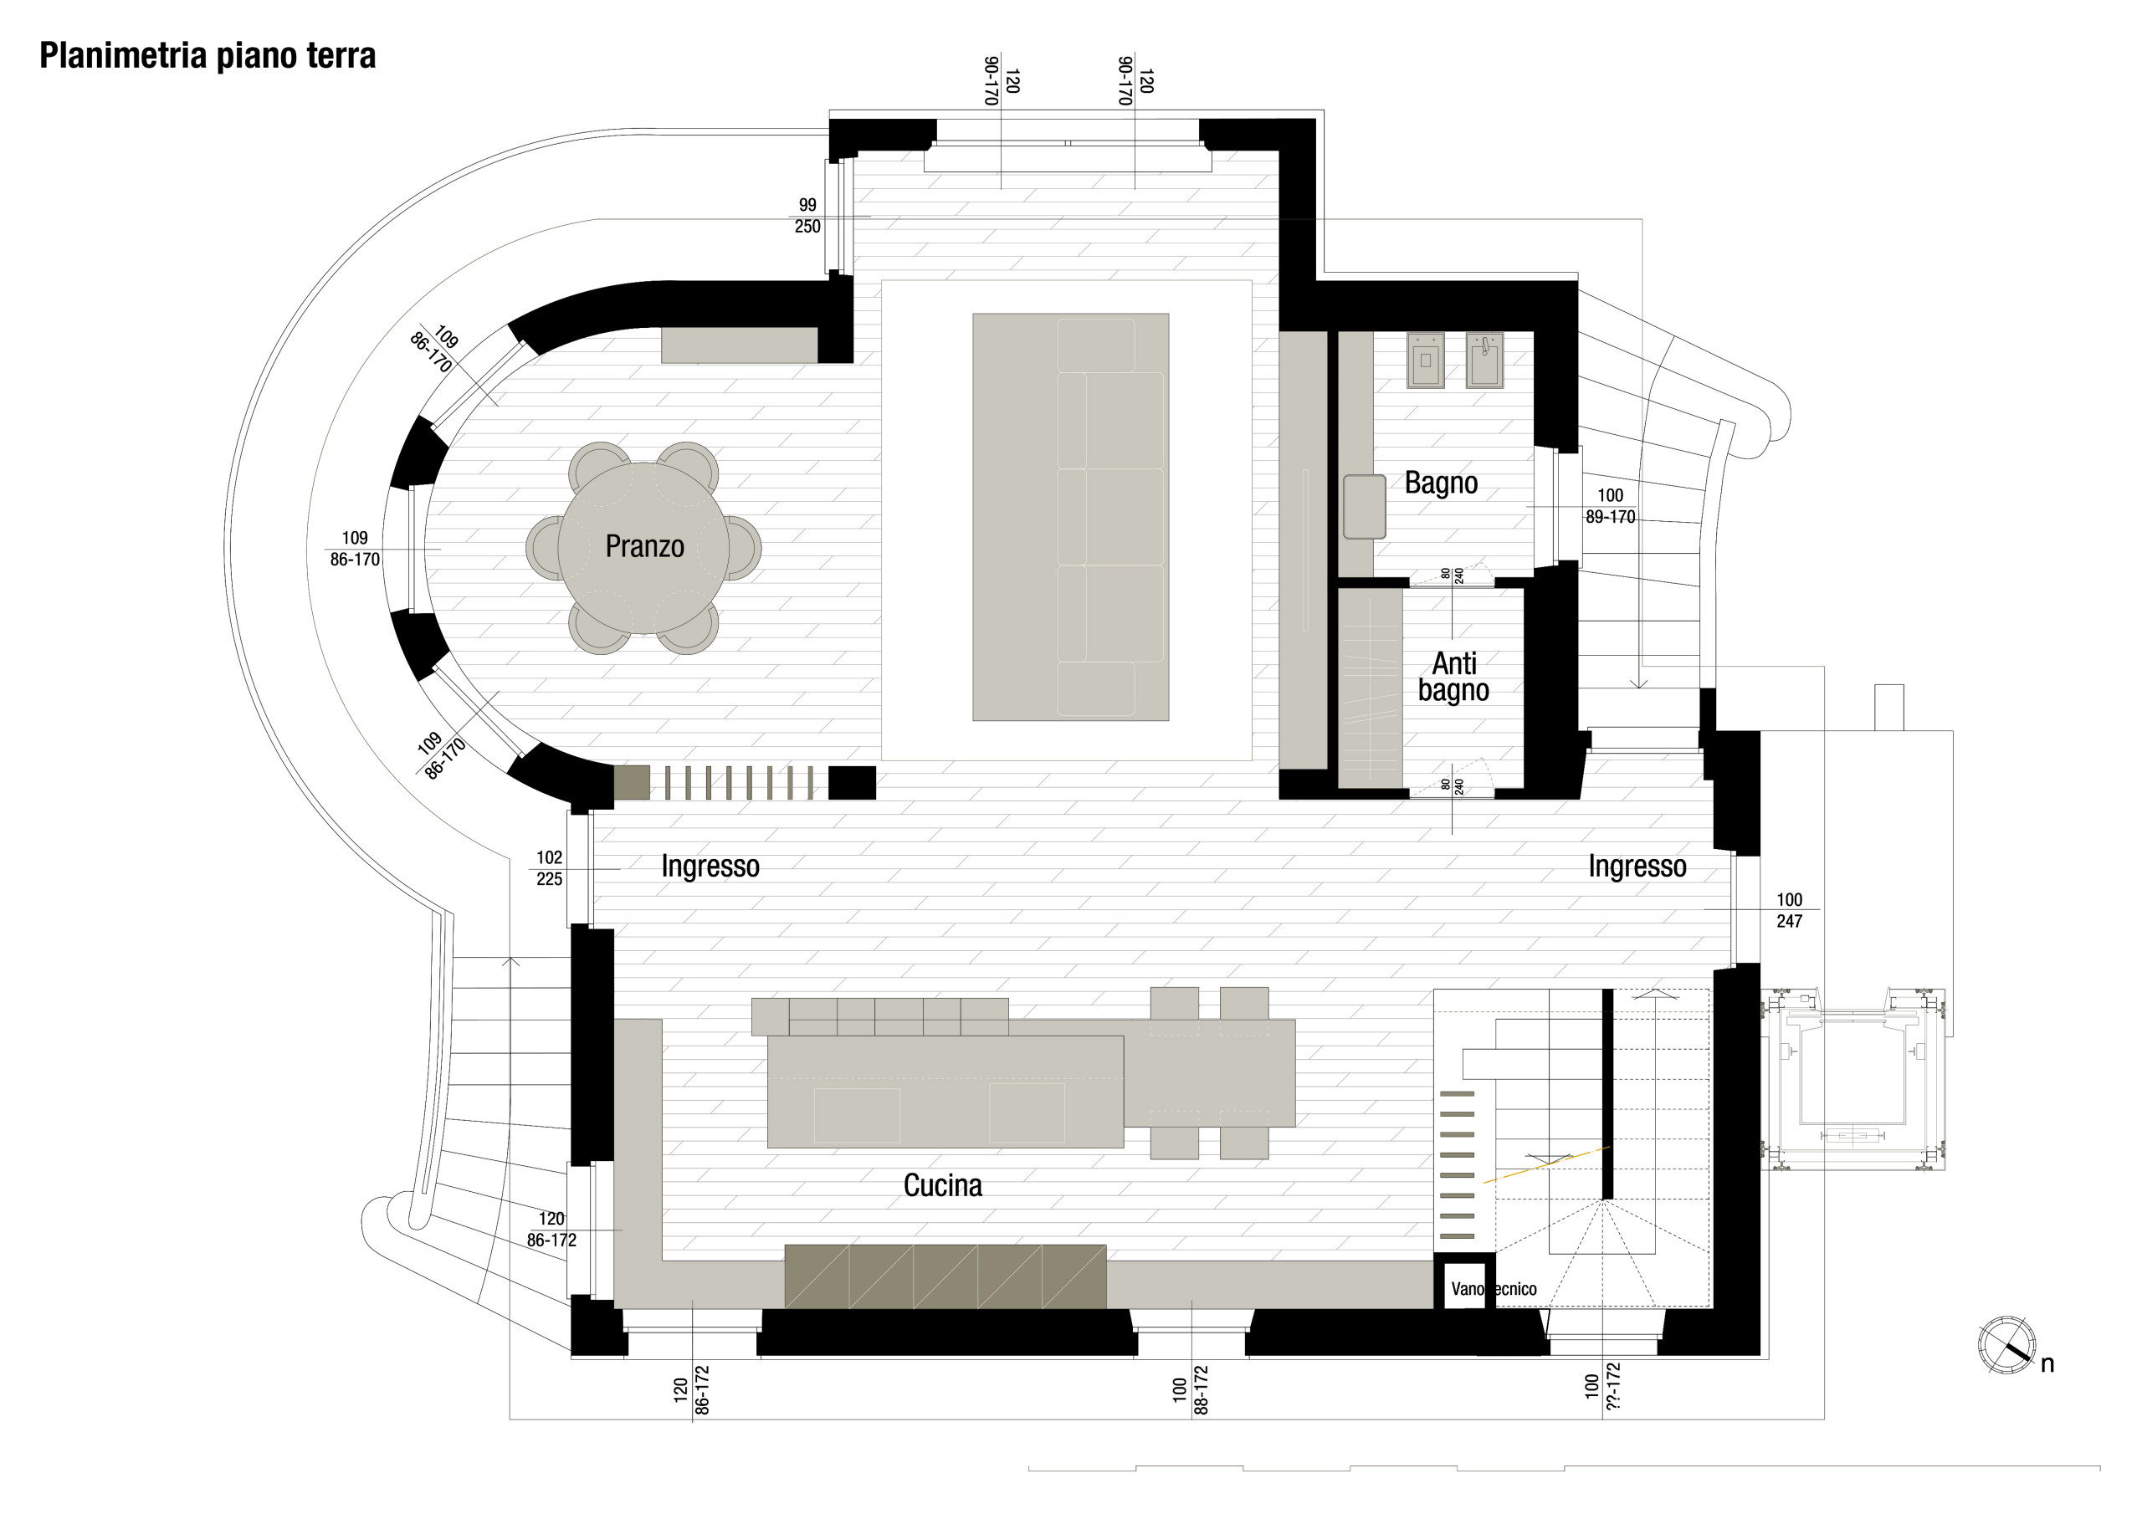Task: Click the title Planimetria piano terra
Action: tap(208, 56)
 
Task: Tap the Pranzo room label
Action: tap(643, 545)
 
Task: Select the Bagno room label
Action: tap(1441, 483)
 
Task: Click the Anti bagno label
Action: tap(1453, 677)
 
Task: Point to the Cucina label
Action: tap(942, 1184)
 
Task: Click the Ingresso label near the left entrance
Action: tap(710, 866)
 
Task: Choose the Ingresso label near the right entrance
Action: tap(1637, 866)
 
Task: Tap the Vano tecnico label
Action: tap(1493, 1288)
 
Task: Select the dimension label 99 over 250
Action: tap(807, 216)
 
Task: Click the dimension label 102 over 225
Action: tap(549, 867)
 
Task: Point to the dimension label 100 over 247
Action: tap(1788, 909)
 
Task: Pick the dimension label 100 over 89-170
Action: tap(1609, 505)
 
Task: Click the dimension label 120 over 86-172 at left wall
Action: tap(551, 1229)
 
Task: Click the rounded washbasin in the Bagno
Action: tap(1363, 507)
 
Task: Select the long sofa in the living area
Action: tap(1110, 517)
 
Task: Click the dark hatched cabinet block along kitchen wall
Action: tap(944, 1276)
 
